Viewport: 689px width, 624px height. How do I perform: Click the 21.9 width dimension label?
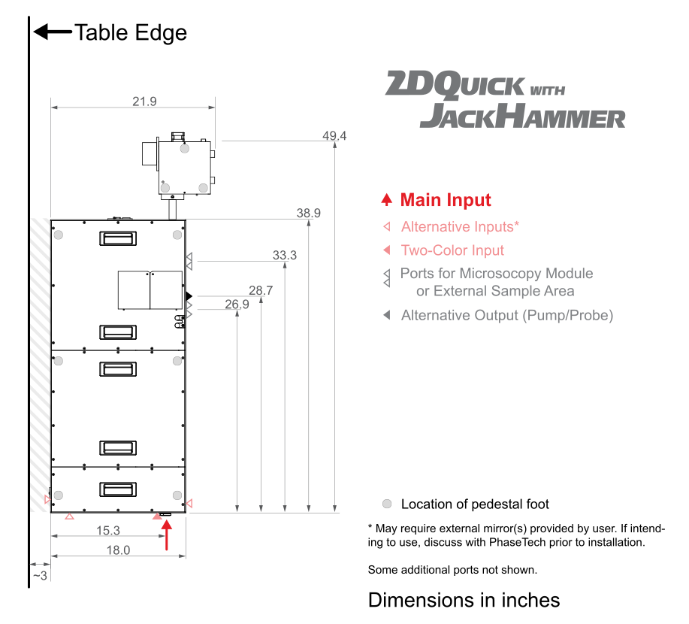(x=144, y=101)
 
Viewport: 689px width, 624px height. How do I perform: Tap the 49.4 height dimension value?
(x=334, y=135)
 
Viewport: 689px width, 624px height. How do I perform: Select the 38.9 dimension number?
(x=309, y=213)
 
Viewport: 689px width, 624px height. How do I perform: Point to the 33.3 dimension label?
(x=284, y=255)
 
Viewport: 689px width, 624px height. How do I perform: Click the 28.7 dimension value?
(x=261, y=290)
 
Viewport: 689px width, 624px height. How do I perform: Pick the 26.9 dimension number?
(x=237, y=304)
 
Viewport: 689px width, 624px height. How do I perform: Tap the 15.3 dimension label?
(x=108, y=530)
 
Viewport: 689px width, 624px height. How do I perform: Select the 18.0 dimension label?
(x=118, y=550)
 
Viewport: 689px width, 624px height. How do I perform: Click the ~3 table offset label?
(x=40, y=575)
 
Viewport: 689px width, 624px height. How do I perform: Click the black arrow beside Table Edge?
(x=53, y=32)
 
